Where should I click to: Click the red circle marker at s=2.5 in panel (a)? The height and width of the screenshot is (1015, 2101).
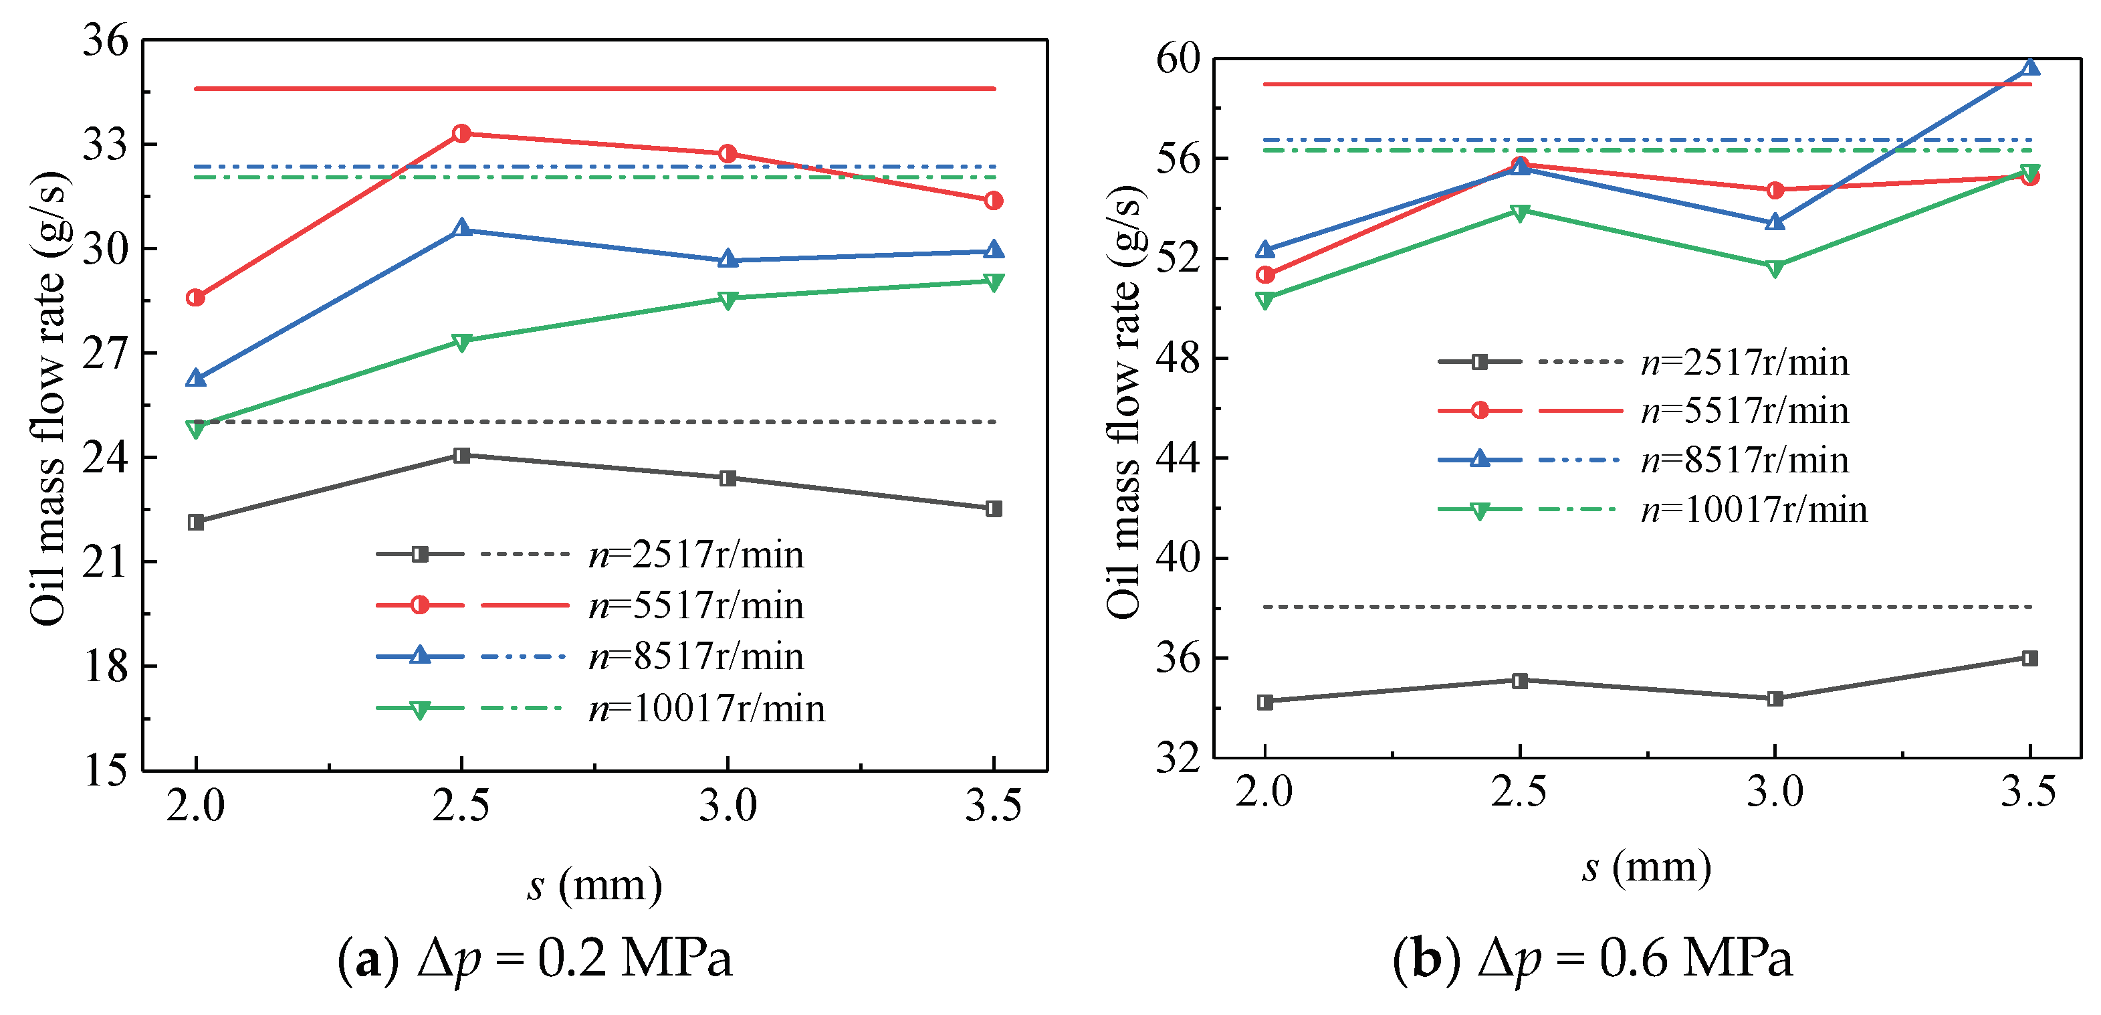pos(461,133)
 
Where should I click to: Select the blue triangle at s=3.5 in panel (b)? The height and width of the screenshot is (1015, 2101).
pos(2030,67)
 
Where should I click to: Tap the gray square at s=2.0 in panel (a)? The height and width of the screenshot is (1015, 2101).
pos(196,522)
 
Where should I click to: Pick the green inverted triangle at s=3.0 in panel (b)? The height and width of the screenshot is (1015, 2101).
pos(1775,268)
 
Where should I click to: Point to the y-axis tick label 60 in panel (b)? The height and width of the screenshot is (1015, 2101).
pos(1178,59)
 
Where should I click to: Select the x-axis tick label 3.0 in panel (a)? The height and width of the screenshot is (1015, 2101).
pos(728,806)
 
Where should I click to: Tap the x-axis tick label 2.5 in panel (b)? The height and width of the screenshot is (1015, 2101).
pos(1519,792)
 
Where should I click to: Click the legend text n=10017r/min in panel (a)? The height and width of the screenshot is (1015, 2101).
pos(707,708)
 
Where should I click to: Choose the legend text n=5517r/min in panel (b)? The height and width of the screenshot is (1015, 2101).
pos(1745,410)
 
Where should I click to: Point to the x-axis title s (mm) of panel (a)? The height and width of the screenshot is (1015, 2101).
pos(594,885)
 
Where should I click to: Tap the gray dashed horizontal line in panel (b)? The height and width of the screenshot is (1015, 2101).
pos(1648,607)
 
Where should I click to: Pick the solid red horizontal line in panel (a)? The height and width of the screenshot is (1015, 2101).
pos(594,88)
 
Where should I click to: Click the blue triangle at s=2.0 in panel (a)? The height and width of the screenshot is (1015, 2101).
pos(196,378)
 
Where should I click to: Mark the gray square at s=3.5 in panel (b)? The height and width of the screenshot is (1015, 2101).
pos(2030,658)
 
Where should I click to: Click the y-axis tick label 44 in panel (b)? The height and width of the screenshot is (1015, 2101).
pos(1178,458)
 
